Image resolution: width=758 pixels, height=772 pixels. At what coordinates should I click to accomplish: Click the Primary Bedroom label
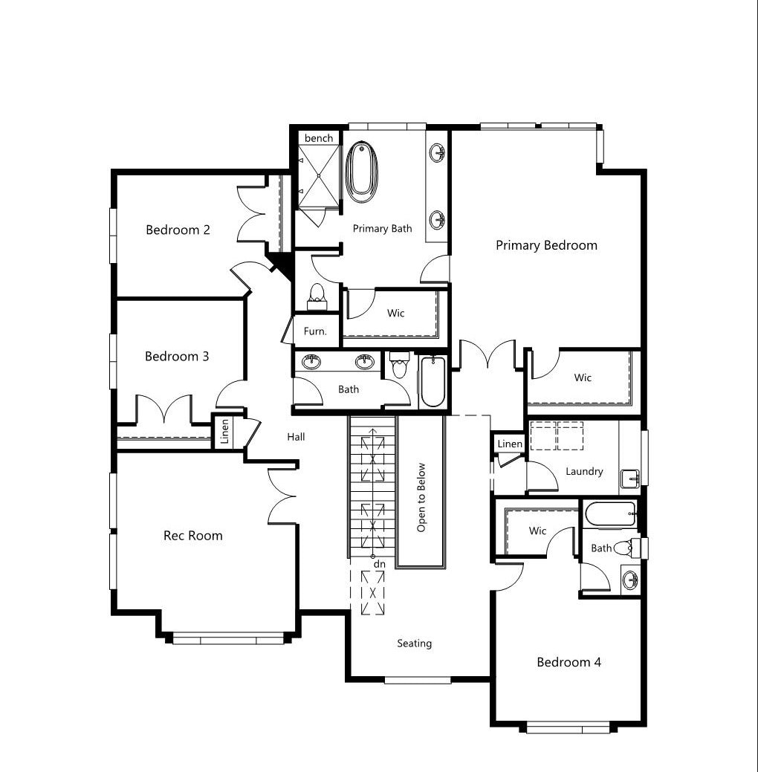click(546, 245)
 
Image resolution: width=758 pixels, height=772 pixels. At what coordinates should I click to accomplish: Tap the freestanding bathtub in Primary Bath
click(362, 172)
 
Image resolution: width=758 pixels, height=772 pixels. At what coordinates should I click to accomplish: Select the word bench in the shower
click(319, 138)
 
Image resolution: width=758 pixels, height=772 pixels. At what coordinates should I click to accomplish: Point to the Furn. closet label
click(315, 331)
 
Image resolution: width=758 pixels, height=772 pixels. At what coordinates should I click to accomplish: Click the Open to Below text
click(421, 497)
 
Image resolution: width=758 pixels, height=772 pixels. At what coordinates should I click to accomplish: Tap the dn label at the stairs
click(379, 564)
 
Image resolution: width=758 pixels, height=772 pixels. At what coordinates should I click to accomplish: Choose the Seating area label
click(414, 643)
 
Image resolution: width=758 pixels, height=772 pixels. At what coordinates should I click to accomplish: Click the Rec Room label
click(193, 536)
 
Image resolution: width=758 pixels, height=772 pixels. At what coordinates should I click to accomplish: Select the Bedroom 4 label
click(568, 662)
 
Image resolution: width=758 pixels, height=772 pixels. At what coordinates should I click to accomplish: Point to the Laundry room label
click(584, 472)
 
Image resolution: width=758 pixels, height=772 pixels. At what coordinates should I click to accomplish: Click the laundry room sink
click(630, 479)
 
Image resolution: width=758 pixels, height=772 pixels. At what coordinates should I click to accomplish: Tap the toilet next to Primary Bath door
click(317, 296)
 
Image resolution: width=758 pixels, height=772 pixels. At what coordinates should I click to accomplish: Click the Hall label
click(296, 437)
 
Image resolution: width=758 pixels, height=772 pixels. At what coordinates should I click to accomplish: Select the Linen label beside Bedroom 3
click(224, 431)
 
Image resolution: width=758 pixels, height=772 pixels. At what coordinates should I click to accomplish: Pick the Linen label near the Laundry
click(510, 444)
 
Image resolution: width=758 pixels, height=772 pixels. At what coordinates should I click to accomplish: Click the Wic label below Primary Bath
click(396, 313)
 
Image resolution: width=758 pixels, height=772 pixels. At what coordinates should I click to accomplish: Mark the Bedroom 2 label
click(178, 230)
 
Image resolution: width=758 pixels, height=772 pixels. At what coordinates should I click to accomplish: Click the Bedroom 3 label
click(177, 357)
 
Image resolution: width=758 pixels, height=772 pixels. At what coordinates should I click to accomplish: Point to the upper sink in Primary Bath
click(437, 152)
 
